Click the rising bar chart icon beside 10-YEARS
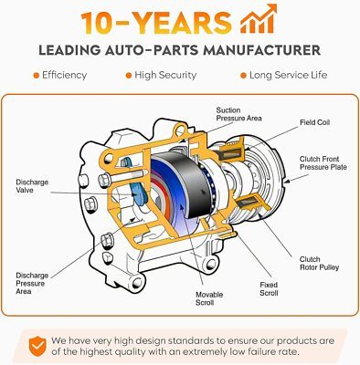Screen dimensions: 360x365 pyautogui.click(x=259, y=19)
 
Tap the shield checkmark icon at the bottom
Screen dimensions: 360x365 pyautogui.click(x=38, y=347)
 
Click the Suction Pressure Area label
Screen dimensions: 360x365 pyautogui.click(x=238, y=114)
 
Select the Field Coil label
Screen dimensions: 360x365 pyautogui.click(x=314, y=122)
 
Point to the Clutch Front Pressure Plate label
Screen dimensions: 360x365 pyautogui.click(x=323, y=163)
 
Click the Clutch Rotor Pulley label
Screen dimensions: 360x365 pyautogui.click(x=319, y=264)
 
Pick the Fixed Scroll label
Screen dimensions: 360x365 pyautogui.click(x=269, y=289)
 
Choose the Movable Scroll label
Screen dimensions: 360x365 pyautogui.click(x=209, y=298)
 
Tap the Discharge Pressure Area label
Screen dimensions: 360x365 pyautogui.click(x=32, y=284)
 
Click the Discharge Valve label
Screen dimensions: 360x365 pyautogui.click(x=32, y=186)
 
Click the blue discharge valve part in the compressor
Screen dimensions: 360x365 pyautogui.click(x=139, y=193)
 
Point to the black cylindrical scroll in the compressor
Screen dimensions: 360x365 pyautogui.click(x=194, y=185)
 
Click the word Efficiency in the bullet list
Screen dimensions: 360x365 pyautogui.click(x=64, y=75)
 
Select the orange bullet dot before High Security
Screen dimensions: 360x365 pyautogui.click(x=129, y=76)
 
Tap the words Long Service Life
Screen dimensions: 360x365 pyautogui.click(x=288, y=75)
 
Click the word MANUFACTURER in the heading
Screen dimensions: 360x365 pyautogui.click(x=261, y=50)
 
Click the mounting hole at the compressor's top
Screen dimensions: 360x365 pyautogui.click(x=180, y=130)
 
